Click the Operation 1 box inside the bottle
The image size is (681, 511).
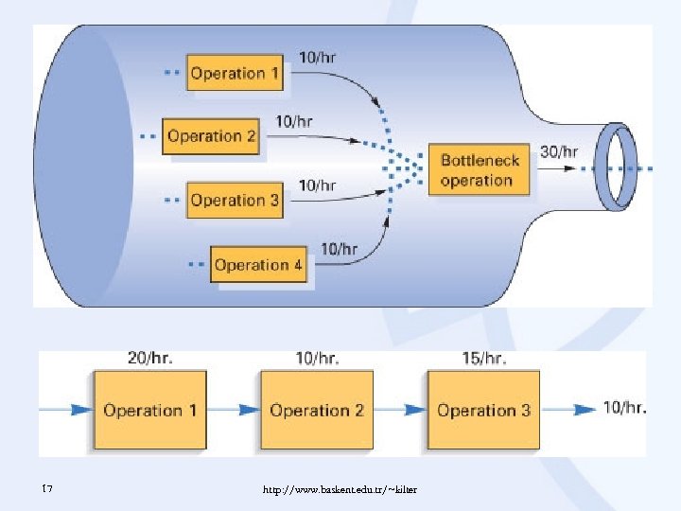236,73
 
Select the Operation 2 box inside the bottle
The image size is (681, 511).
211,136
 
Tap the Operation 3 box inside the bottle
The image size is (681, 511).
235,200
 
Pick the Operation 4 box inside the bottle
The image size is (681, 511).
258,265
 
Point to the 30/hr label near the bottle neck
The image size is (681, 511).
558,150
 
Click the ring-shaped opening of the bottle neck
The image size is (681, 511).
620,165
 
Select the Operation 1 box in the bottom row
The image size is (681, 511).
149,410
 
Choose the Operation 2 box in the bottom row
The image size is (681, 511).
317,410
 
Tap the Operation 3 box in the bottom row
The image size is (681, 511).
483,410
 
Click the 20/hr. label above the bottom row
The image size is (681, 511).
149,358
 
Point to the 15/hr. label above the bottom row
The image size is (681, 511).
483,358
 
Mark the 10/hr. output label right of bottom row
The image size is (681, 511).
624,408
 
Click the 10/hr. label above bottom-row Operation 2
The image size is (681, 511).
317,358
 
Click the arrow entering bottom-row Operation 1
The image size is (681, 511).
66,410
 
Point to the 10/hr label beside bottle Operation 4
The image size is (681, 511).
339,249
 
